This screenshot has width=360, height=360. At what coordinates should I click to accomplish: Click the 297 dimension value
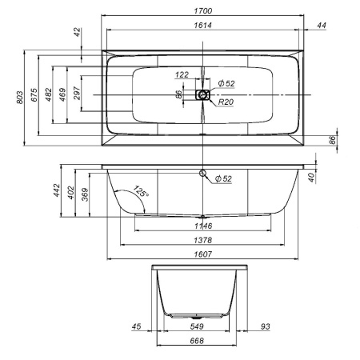[x=76, y=94]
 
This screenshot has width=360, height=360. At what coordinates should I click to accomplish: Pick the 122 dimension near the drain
[x=182, y=74]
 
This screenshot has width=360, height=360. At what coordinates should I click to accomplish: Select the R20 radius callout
[x=225, y=103]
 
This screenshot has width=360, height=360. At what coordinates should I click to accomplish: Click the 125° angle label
[x=141, y=193]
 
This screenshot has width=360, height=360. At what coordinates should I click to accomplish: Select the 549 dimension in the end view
[x=197, y=326]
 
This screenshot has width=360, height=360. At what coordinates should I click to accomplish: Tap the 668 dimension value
[x=197, y=341]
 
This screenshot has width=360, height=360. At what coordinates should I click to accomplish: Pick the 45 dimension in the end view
[x=136, y=326]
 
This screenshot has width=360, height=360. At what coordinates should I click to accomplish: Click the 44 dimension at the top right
[x=322, y=26]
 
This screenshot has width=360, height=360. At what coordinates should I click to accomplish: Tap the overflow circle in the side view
[x=203, y=174]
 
